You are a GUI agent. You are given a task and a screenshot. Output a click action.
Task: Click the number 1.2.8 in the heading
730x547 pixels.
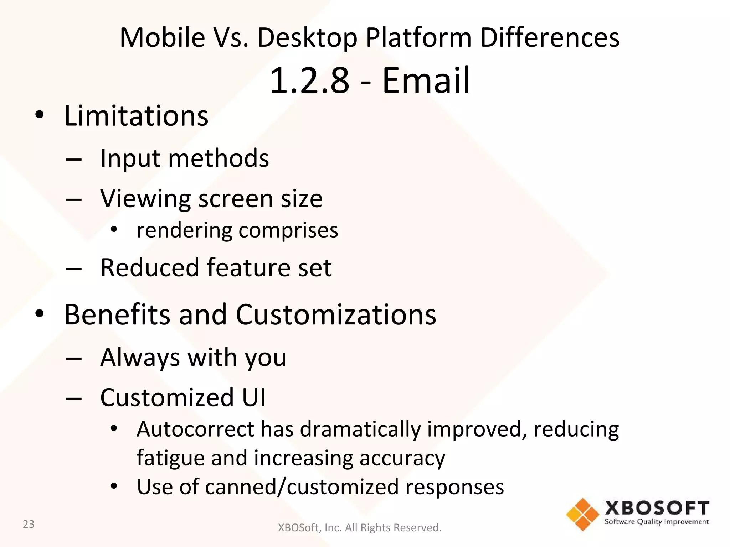[309, 81]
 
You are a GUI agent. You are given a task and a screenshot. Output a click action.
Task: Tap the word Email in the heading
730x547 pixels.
[426, 81]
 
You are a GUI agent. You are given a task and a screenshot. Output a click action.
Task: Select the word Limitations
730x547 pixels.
[136, 116]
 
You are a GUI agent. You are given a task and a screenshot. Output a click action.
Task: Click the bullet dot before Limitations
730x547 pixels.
[40, 115]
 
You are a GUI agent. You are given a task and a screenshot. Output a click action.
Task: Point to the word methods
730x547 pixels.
[219, 158]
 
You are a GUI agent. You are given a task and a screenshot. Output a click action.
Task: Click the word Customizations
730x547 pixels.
[336, 315]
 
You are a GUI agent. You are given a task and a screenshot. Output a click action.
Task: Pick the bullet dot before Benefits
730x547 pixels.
[40, 313]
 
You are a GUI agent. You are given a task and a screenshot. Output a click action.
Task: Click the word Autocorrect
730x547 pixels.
[195, 429]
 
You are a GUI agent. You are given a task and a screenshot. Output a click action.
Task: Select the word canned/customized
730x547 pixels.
[302, 487]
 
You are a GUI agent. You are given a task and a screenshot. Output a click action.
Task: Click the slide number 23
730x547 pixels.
[29, 524]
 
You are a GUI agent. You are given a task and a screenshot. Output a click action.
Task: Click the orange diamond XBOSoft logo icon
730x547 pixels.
[582, 514]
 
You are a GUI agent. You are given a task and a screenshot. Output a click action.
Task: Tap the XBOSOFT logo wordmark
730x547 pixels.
[657, 508]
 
